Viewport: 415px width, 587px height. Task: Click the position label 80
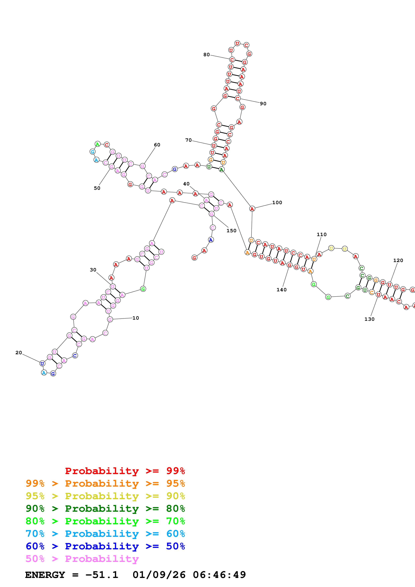click(x=206, y=55)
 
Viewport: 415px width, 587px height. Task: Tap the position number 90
click(x=263, y=104)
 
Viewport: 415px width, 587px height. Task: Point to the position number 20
click(x=19, y=353)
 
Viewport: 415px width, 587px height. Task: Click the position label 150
click(x=231, y=231)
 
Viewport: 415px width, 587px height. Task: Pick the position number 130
click(x=369, y=319)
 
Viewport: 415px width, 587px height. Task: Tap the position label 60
click(x=157, y=145)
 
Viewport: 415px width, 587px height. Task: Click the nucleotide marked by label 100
click(x=252, y=209)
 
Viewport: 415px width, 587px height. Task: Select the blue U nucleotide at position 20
click(x=42, y=364)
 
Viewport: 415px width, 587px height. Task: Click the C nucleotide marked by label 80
click(x=232, y=60)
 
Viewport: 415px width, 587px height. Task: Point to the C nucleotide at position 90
click(x=238, y=98)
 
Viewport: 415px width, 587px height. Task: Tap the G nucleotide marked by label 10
click(x=110, y=319)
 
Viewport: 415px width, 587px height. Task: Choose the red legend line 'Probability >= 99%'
click(x=125, y=471)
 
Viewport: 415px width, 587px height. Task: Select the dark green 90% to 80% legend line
click(x=105, y=509)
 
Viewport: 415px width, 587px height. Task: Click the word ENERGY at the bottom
click(x=45, y=575)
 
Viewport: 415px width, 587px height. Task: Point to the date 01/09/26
click(x=159, y=575)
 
